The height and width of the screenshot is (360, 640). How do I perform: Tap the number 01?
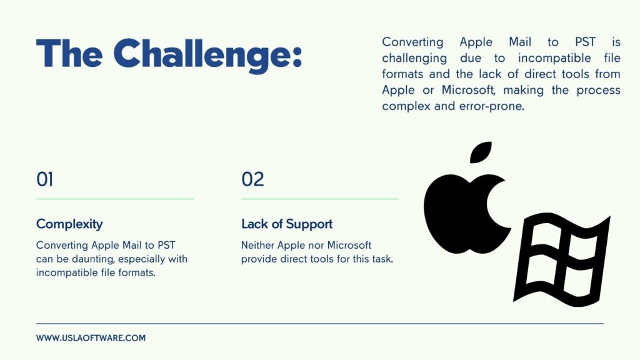tap(44, 179)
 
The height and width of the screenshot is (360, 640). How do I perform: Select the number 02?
tap(252, 179)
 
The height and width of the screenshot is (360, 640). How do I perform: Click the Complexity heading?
tap(69, 224)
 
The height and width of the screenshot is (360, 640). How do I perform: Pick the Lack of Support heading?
tap(287, 224)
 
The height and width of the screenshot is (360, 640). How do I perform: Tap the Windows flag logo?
tap(562, 259)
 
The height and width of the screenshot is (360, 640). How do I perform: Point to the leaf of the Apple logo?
tap(481, 152)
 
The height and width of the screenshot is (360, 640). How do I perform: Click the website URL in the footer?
tap(91, 338)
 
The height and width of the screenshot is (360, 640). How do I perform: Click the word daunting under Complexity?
tap(92, 259)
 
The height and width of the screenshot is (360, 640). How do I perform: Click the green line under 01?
tap(115, 199)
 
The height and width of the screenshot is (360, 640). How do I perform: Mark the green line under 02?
tap(320, 199)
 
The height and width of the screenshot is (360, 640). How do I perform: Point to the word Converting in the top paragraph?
tap(412, 42)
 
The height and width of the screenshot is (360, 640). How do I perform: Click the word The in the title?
tap(69, 53)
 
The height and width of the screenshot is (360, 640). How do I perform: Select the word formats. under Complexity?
tap(137, 272)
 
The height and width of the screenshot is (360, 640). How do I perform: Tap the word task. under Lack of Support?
tap(382, 259)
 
